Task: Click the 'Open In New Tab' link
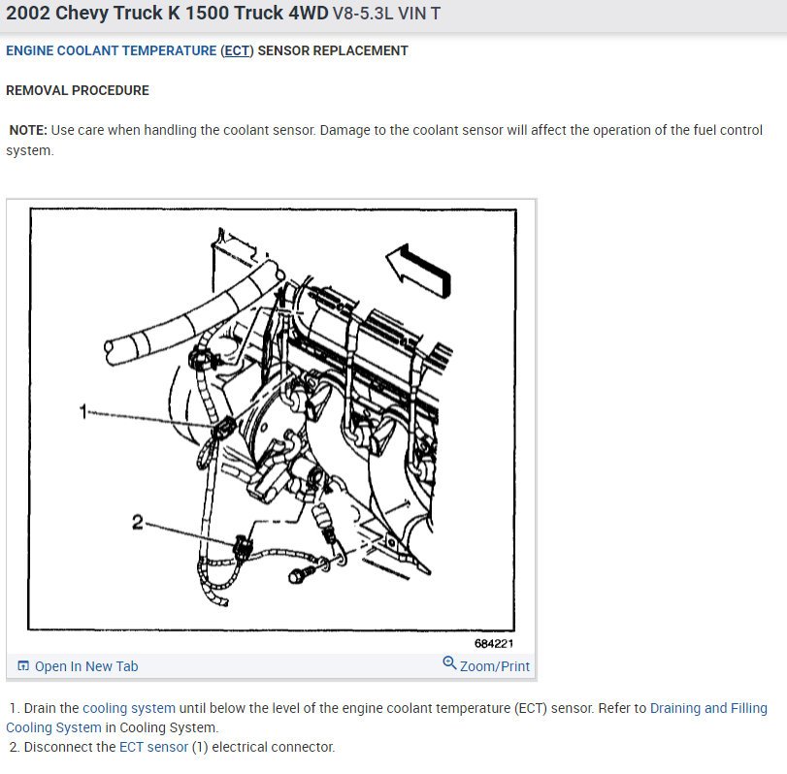(x=85, y=666)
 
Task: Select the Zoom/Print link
(x=494, y=666)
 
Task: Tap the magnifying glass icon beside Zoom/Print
(x=449, y=663)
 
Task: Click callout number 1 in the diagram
(x=83, y=411)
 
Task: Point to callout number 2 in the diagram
(x=138, y=522)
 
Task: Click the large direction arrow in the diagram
(x=418, y=271)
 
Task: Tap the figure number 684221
(x=494, y=644)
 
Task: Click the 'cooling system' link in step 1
(x=129, y=708)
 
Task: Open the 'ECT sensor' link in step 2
(x=153, y=747)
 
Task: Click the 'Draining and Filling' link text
(x=708, y=708)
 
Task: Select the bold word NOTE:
(x=28, y=130)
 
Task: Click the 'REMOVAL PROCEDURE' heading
(x=78, y=90)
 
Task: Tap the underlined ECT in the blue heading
(x=237, y=50)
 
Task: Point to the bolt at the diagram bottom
(x=302, y=574)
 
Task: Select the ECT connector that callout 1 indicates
(x=223, y=428)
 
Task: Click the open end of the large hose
(x=109, y=352)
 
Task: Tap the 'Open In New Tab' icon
(x=23, y=665)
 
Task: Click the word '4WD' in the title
(x=309, y=13)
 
